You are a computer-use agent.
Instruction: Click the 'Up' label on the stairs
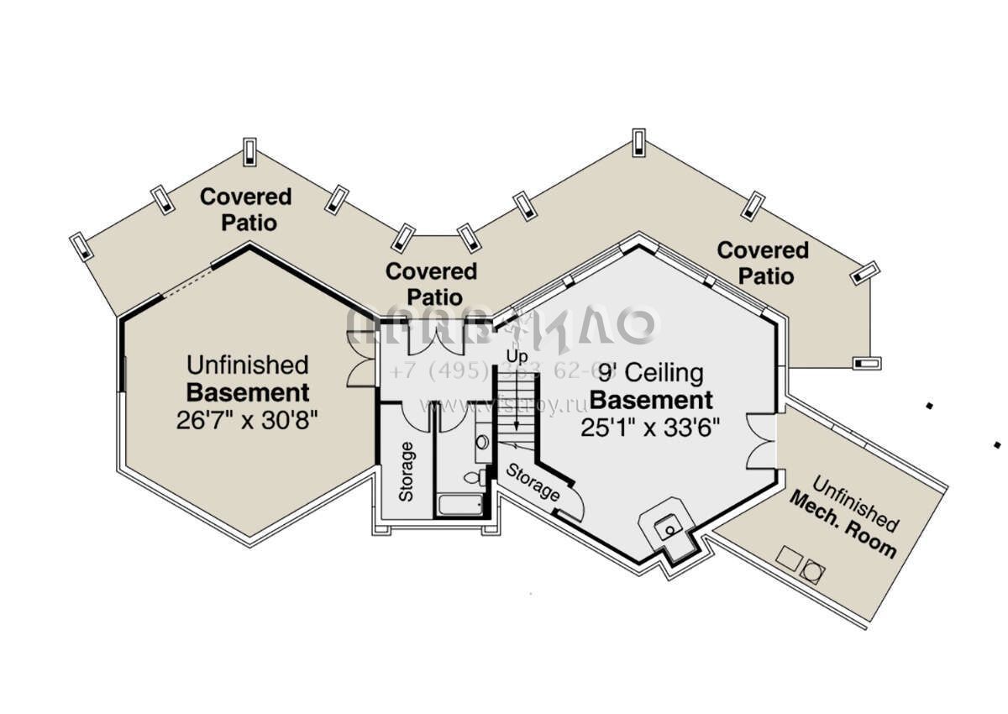click(517, 357)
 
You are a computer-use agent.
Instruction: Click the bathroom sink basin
click(482, 443)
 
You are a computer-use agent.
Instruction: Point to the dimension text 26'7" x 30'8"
click(248, 419)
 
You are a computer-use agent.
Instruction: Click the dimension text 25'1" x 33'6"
click(650, 427)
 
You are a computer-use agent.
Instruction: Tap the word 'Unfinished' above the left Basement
click(248, 365)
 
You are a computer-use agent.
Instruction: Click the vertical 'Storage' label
click(407, 471)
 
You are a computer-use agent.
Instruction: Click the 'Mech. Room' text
click(842, 527)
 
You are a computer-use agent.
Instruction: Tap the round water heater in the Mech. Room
click(812, 572)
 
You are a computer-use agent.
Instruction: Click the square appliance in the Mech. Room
click(788, 556)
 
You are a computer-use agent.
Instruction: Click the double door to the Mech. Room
click(760, 440)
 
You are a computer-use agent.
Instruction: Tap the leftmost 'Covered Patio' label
click(245, 209)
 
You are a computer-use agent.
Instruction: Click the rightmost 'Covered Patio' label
click(762, 262)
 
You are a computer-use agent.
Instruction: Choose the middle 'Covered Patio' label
click(430, 284)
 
